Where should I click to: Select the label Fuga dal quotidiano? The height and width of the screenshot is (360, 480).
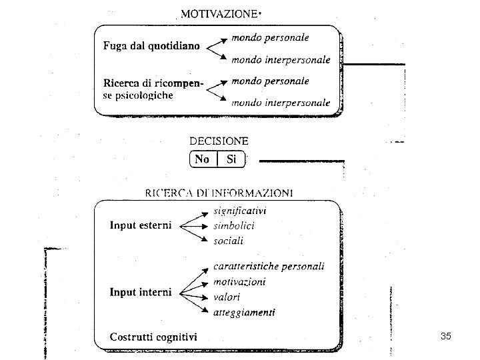coord(151,47)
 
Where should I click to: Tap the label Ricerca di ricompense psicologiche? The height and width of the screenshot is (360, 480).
coord(153,89)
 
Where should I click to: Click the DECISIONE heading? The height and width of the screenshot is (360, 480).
coord(219,141)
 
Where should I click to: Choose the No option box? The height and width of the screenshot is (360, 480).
coord(202,159)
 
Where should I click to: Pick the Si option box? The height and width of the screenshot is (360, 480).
coord(231,159)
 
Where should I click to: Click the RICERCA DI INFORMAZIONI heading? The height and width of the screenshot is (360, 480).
coord(219,193)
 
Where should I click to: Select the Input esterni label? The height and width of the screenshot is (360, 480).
coord(141,225)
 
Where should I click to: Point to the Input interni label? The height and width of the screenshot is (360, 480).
coord(141,292)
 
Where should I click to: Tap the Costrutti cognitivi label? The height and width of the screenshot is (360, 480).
coord(153,337)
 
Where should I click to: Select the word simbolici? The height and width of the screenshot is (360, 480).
coord(234,225)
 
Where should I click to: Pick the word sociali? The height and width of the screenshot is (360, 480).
coord(229,240)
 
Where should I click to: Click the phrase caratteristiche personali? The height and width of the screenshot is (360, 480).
coord(269,267)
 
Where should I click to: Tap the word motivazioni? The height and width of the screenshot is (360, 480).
coord(239,281)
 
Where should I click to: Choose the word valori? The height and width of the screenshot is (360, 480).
coord(227,297)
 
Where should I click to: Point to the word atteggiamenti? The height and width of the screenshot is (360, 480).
coord(244,311)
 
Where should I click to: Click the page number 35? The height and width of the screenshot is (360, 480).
coord(446,336)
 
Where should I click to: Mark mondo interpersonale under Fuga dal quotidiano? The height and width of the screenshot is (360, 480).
coord(281,60)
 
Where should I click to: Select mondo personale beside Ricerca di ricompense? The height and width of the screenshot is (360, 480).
coord(270,81)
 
